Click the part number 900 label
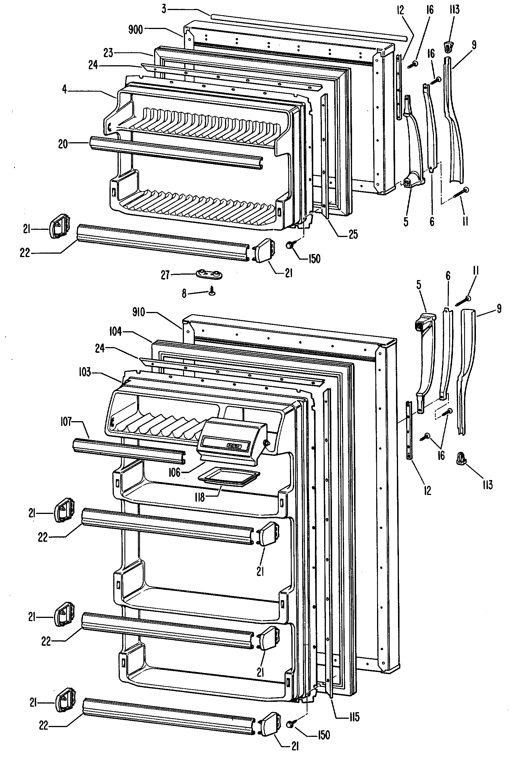click(x=135, y=30)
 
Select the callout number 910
click(x=138, y=312)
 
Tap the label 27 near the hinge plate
click(x=165, y=275)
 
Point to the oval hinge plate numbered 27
click(x=209, y=274)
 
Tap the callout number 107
click(x=66, y=422)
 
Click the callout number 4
click(x=65, y=89)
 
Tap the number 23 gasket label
click(x=108, y=53)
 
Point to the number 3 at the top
click(x=164, y=9)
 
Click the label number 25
click(x=353, y=234)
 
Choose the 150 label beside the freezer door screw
click(x=314, y=259)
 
